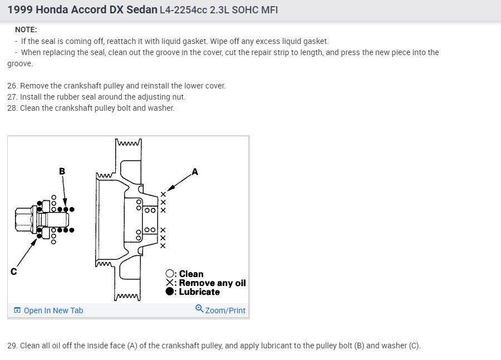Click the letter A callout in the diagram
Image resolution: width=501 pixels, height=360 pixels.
tap(195, 172)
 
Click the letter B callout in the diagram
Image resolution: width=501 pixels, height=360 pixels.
tap(62, 171)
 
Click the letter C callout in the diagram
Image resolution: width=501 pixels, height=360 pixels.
tap(14, 272)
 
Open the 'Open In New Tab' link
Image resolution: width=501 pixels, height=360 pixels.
tap(48, 310)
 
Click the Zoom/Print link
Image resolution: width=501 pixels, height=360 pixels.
tap(225, 310)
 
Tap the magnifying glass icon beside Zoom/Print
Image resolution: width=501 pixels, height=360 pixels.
tap(199, 309)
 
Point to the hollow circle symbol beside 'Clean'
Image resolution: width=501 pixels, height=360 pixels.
tap(170, 274)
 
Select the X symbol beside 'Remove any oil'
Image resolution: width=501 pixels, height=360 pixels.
tap(170, 283)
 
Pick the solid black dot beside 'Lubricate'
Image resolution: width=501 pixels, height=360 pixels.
tap(170, 292)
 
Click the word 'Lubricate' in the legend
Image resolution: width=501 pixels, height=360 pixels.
tap(199, 292)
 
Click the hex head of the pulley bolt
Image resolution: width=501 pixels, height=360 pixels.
tap(23, 219)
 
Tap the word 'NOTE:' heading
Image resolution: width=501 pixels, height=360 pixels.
tap(26, 29)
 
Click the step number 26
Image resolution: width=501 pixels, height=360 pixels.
tap(12, 86)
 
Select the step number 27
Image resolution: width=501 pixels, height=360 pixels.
tap(12, 97)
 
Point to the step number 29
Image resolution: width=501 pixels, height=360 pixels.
tap(12, 346)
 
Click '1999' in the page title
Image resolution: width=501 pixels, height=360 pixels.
tap(20, 10)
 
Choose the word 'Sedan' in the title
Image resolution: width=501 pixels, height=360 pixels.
tap(142, 10)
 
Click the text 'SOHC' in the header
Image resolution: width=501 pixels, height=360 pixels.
tap(245, 10)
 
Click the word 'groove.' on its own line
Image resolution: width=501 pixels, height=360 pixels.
tap(20, 64)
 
